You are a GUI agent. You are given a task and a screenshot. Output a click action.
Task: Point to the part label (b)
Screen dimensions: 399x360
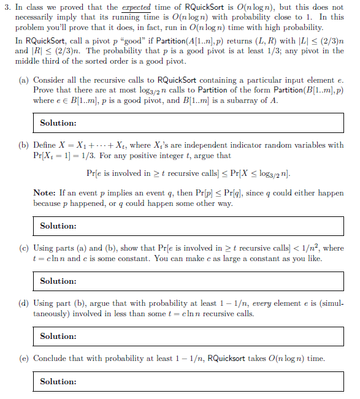(25, 145)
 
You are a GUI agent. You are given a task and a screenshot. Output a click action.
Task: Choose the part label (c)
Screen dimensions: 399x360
(25, 248)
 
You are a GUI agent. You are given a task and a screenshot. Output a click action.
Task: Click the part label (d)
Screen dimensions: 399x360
(25, 303)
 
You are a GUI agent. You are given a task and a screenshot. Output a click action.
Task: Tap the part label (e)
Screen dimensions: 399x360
(25, 359)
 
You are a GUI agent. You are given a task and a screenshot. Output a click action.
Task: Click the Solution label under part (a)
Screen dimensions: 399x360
(58, 123)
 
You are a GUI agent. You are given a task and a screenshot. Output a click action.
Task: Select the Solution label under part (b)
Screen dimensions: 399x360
(58, 226)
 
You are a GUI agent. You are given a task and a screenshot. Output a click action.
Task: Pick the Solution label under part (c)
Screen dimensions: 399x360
(58, 281)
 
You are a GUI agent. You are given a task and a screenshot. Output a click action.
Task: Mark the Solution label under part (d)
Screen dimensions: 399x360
(58, 336)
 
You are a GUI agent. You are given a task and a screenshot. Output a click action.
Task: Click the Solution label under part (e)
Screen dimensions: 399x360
(58, 382)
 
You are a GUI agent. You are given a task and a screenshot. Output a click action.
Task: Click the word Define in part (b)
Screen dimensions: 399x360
(45, 145)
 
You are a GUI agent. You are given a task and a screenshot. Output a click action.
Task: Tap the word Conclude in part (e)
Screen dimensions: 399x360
(51, 359)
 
